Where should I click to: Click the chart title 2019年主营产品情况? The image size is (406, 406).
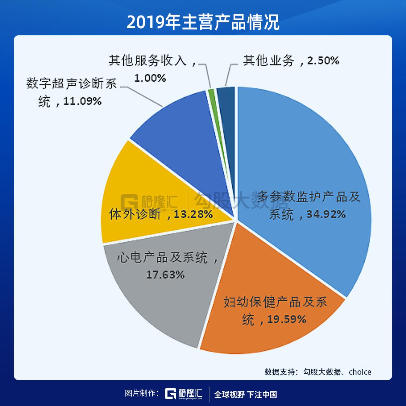coord(203,23)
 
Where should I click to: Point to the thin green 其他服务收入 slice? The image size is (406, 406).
coord(211,92)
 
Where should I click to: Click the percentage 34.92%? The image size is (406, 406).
coord(326,214)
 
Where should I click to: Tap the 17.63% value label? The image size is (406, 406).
coord(165,274)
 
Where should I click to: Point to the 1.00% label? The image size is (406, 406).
coord(150,78)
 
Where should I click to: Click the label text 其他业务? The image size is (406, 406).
coord(268,61)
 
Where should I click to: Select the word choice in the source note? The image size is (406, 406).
coord(360,372)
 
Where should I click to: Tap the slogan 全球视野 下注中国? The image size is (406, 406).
coord(245,394)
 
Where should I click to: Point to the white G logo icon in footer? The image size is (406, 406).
coord(171,394)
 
